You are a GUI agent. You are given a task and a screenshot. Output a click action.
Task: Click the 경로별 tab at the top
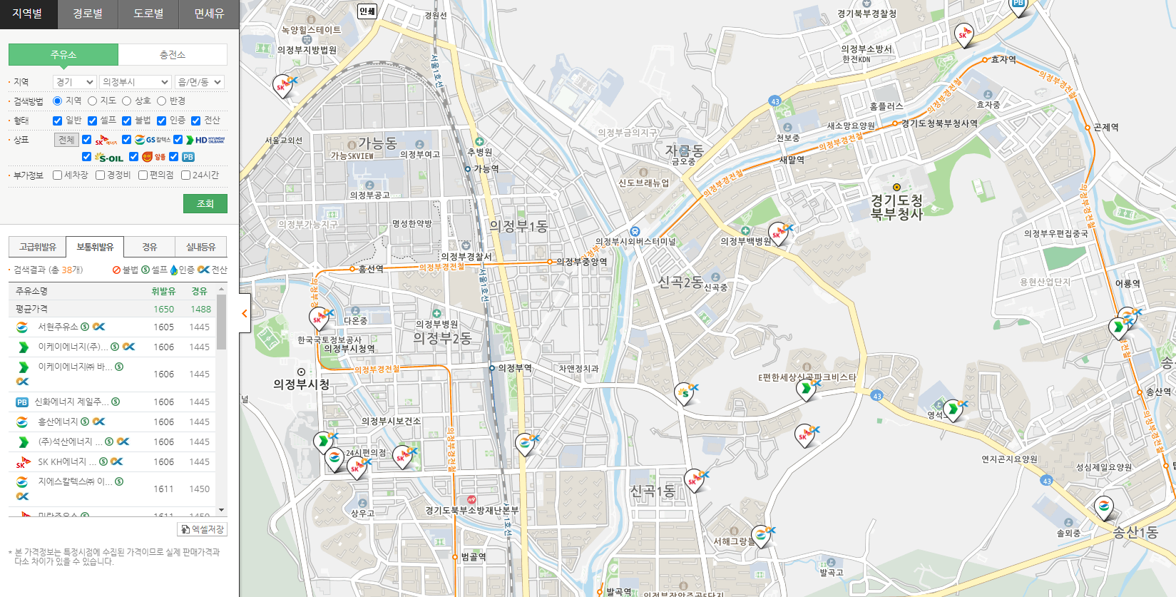coord(88,14)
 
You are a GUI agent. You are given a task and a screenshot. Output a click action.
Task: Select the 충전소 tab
coord(173,55)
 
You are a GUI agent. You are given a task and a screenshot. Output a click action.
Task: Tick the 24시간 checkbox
coord(186,175)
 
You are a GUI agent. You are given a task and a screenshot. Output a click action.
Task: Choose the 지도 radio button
coord(93,101)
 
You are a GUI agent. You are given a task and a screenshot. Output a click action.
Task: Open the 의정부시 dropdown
coord(135,82)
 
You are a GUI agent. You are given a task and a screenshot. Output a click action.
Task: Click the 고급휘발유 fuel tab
coord(38,247)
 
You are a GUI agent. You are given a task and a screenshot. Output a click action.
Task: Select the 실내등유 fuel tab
coord(200,247)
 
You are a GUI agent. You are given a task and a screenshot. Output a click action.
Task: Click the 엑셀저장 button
coord(203,529)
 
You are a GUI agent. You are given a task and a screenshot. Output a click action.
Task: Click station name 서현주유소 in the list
coord(58,327)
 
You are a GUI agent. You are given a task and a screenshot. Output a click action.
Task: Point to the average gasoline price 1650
coord(163,309)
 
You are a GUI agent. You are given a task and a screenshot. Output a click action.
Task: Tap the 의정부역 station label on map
coord(514,368)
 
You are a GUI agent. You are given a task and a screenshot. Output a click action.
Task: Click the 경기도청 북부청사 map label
coord(896,207)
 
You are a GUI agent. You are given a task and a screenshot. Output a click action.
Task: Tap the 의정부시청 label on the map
coord(301,384)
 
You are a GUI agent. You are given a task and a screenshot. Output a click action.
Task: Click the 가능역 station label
coord(486,169)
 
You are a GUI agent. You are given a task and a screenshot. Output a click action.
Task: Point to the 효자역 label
coord(1003,60)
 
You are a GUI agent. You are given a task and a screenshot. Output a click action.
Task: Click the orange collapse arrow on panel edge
coord(245,313)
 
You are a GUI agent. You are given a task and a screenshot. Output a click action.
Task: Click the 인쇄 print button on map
coord(367,11)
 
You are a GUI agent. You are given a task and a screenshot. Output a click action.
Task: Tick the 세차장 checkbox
coord(58,175)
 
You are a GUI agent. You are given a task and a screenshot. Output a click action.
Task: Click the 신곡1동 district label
coord(652,491)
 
